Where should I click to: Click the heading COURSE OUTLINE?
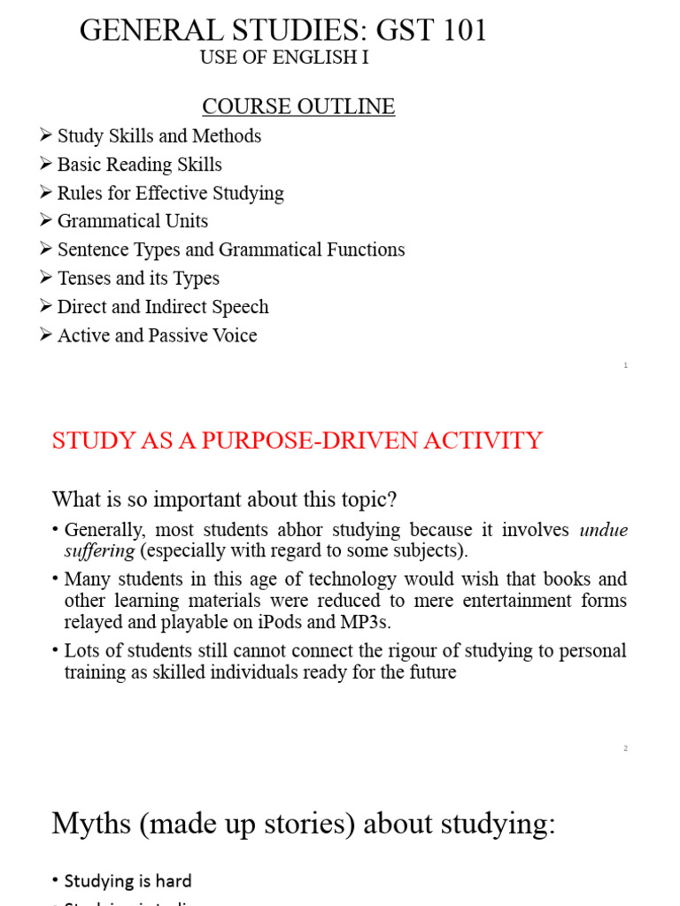point(298,107)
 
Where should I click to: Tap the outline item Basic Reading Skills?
point(139,165)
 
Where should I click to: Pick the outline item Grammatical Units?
point(133,221)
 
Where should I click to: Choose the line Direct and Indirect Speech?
point(163,307)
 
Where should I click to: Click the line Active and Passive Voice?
point(157,335)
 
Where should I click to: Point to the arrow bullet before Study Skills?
point(46,136)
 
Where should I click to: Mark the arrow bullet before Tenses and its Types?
point(46,278)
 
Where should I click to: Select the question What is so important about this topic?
point(225,499)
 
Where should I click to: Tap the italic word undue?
point(603,530)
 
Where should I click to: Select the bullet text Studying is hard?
point(127,880)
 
